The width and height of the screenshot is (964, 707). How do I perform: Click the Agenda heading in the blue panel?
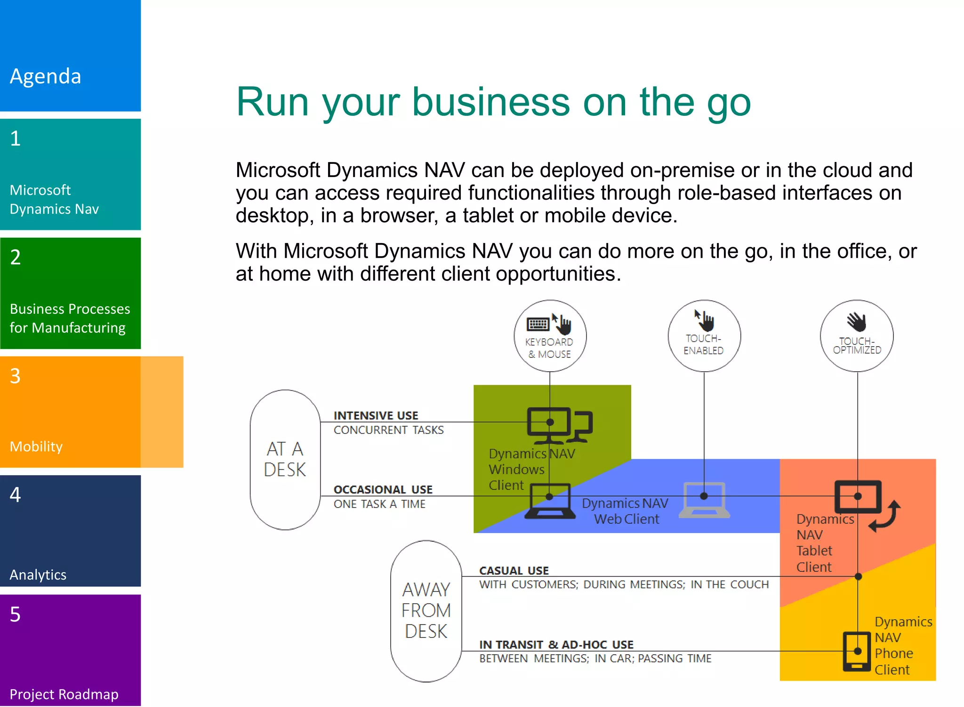coord(46,76)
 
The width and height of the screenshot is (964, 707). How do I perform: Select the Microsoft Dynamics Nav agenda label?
coord(54,199)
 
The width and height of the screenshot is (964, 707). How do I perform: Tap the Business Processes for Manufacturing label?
coord(69,318)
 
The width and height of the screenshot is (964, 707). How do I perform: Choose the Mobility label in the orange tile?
coord(36,446)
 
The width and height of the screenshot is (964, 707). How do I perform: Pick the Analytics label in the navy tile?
coord(38,574)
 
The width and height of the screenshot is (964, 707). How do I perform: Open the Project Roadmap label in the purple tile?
coord(64,694)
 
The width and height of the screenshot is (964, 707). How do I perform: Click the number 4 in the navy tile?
coord(16,495)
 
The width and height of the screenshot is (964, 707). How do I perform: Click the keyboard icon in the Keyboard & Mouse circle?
coord(538,324)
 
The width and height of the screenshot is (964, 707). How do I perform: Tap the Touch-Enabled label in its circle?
coord(704,344)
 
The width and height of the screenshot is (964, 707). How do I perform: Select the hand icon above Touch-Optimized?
coord(857,322)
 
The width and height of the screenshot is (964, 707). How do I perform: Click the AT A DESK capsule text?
coord(285,459)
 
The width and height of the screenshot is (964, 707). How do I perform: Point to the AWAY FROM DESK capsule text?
coord(426,610)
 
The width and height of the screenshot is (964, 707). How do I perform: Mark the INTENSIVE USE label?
coord(376,415)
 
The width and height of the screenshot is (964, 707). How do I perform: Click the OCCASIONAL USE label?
coord(383,489)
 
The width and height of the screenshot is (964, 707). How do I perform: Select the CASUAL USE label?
coord(514,570)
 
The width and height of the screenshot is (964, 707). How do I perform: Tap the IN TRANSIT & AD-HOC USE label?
coord(556,644)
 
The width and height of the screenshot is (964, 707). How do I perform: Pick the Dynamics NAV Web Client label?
coord(626,511)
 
